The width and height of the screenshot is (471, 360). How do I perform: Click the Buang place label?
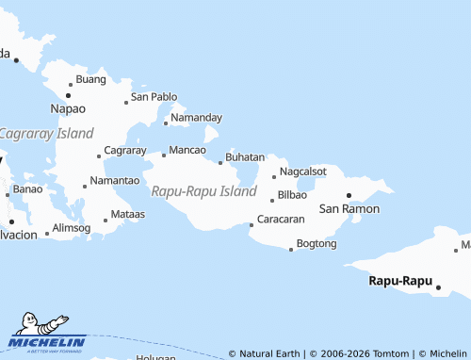90,80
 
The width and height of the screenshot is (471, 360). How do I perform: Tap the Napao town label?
67,109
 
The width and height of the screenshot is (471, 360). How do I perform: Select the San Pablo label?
154,97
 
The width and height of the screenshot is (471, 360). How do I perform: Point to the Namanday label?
197,118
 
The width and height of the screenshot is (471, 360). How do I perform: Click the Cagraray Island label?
46,134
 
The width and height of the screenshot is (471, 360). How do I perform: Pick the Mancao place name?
187,151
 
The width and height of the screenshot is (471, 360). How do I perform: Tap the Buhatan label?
245,157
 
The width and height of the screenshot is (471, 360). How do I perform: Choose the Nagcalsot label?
303,172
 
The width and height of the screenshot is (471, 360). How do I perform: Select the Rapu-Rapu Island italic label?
203,191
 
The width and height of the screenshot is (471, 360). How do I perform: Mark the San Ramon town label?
349,208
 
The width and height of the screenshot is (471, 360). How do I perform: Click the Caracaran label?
280,220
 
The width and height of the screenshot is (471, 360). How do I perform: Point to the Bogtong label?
316,244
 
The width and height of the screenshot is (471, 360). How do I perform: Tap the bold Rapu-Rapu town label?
399,281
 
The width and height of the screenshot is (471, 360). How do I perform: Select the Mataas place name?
128,215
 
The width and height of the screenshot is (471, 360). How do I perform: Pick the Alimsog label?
72,228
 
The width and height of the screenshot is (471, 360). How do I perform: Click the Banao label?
28,189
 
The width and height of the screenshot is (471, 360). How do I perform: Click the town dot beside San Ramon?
349,195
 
